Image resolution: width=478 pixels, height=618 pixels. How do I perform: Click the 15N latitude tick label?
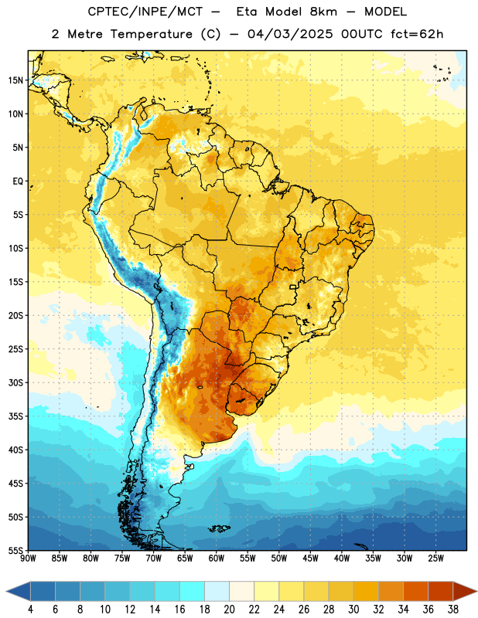pyautogui.click(x=15, y=80)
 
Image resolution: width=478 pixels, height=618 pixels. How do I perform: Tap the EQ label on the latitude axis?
pyautogui.click(x=18, y=182)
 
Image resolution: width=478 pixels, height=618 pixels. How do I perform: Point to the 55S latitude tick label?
pyautogui.click(x=15, y=550)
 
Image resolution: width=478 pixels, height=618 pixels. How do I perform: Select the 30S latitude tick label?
pyautogui.click(x=15, y=382)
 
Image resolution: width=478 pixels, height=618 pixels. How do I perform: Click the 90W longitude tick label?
pyautogui.click(x=28, y=559)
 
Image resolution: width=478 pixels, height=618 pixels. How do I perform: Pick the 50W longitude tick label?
pyautogui.click(x=279, y=559)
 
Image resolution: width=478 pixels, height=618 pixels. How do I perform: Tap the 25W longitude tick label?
pyautogui.click(x=435, y=559)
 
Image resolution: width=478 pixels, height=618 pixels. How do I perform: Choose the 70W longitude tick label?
pyautogui.click(x=154, y=559)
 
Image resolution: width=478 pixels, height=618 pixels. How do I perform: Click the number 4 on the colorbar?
pyautogui.click(x=30, y=610)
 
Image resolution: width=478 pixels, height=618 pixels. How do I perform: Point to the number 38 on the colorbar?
pyautogui.click(x=453, y=610)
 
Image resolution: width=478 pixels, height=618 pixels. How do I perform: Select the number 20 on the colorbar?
pyautogui.click(x=229, y=610)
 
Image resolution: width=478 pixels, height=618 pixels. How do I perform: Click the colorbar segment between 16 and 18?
pyautogui.click(x=192, y=591)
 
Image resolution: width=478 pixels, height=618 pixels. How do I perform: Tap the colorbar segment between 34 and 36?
pyautogui.click(x=415, y=591)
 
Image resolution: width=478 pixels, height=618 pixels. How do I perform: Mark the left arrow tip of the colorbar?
pyautogui.click(x=6, y=591)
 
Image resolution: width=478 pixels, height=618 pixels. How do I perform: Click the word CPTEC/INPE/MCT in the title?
pyautogui.click(x=145, y=12)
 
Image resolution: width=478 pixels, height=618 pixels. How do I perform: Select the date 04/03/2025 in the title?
pyautogui.click(x=290, y=34)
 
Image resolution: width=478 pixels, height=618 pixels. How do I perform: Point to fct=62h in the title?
pyautogui.click(x=417, y=34)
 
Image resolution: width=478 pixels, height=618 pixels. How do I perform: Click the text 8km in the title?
pyautogui.click(x=323, y=12)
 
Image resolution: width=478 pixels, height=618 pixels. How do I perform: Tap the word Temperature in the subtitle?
pyautogui.click(x=151, y=34)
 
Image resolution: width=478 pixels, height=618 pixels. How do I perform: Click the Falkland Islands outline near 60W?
pyautogui.click(x=219, y=528)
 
